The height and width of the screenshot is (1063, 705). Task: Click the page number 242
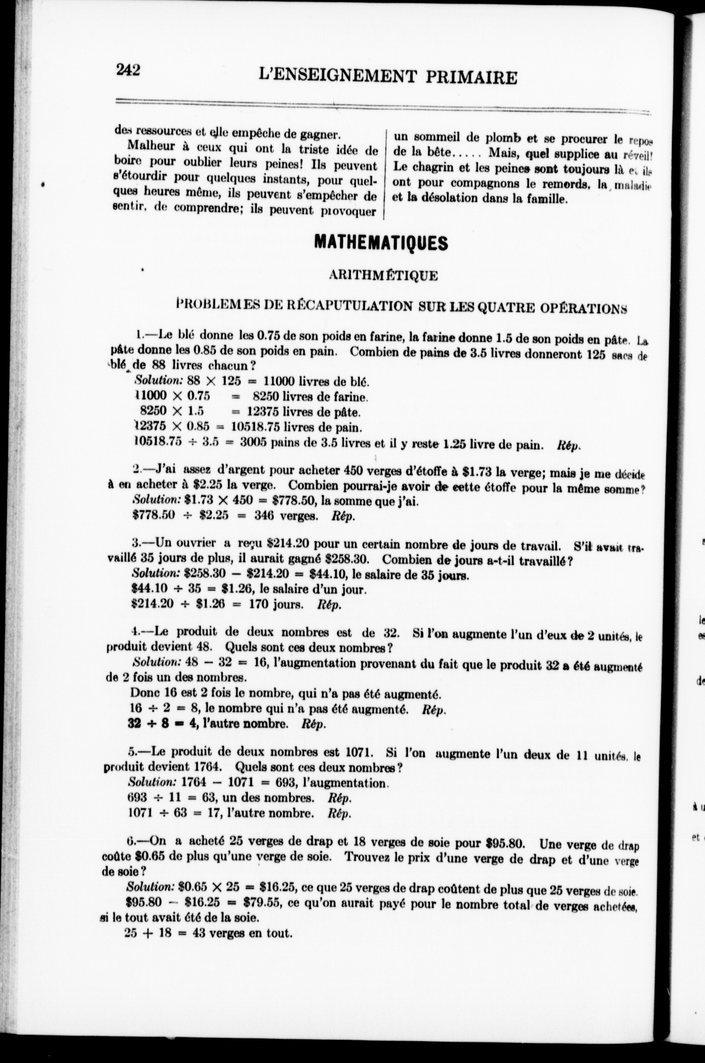[128, 70]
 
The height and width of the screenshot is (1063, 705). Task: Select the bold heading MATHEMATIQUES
[381, 243]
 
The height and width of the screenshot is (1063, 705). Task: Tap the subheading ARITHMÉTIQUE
[384, 276]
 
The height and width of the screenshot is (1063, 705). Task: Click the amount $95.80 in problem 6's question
[504, 842]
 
